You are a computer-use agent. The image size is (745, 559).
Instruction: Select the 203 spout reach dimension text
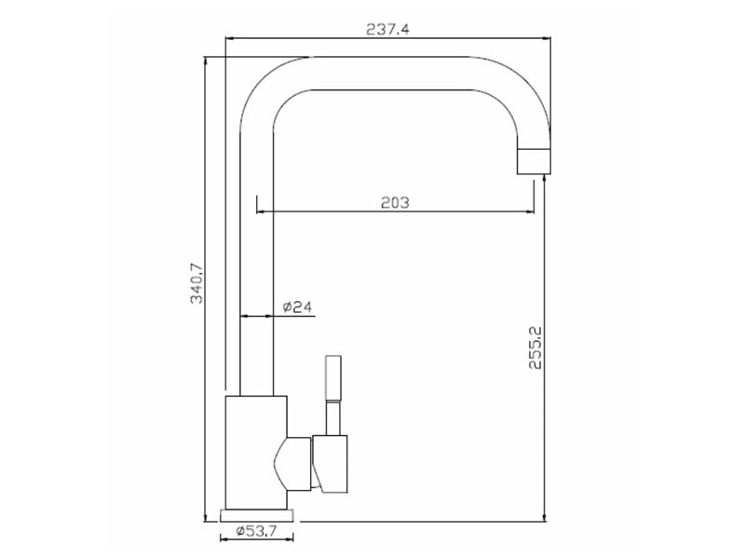point(396,202)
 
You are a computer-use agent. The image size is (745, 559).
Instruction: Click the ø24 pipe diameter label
point(295,307)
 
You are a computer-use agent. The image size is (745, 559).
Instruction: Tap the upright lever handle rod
point(333,382)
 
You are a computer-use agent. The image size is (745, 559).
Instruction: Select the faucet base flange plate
point(258,513)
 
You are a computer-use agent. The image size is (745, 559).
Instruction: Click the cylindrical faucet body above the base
point(257,452)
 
